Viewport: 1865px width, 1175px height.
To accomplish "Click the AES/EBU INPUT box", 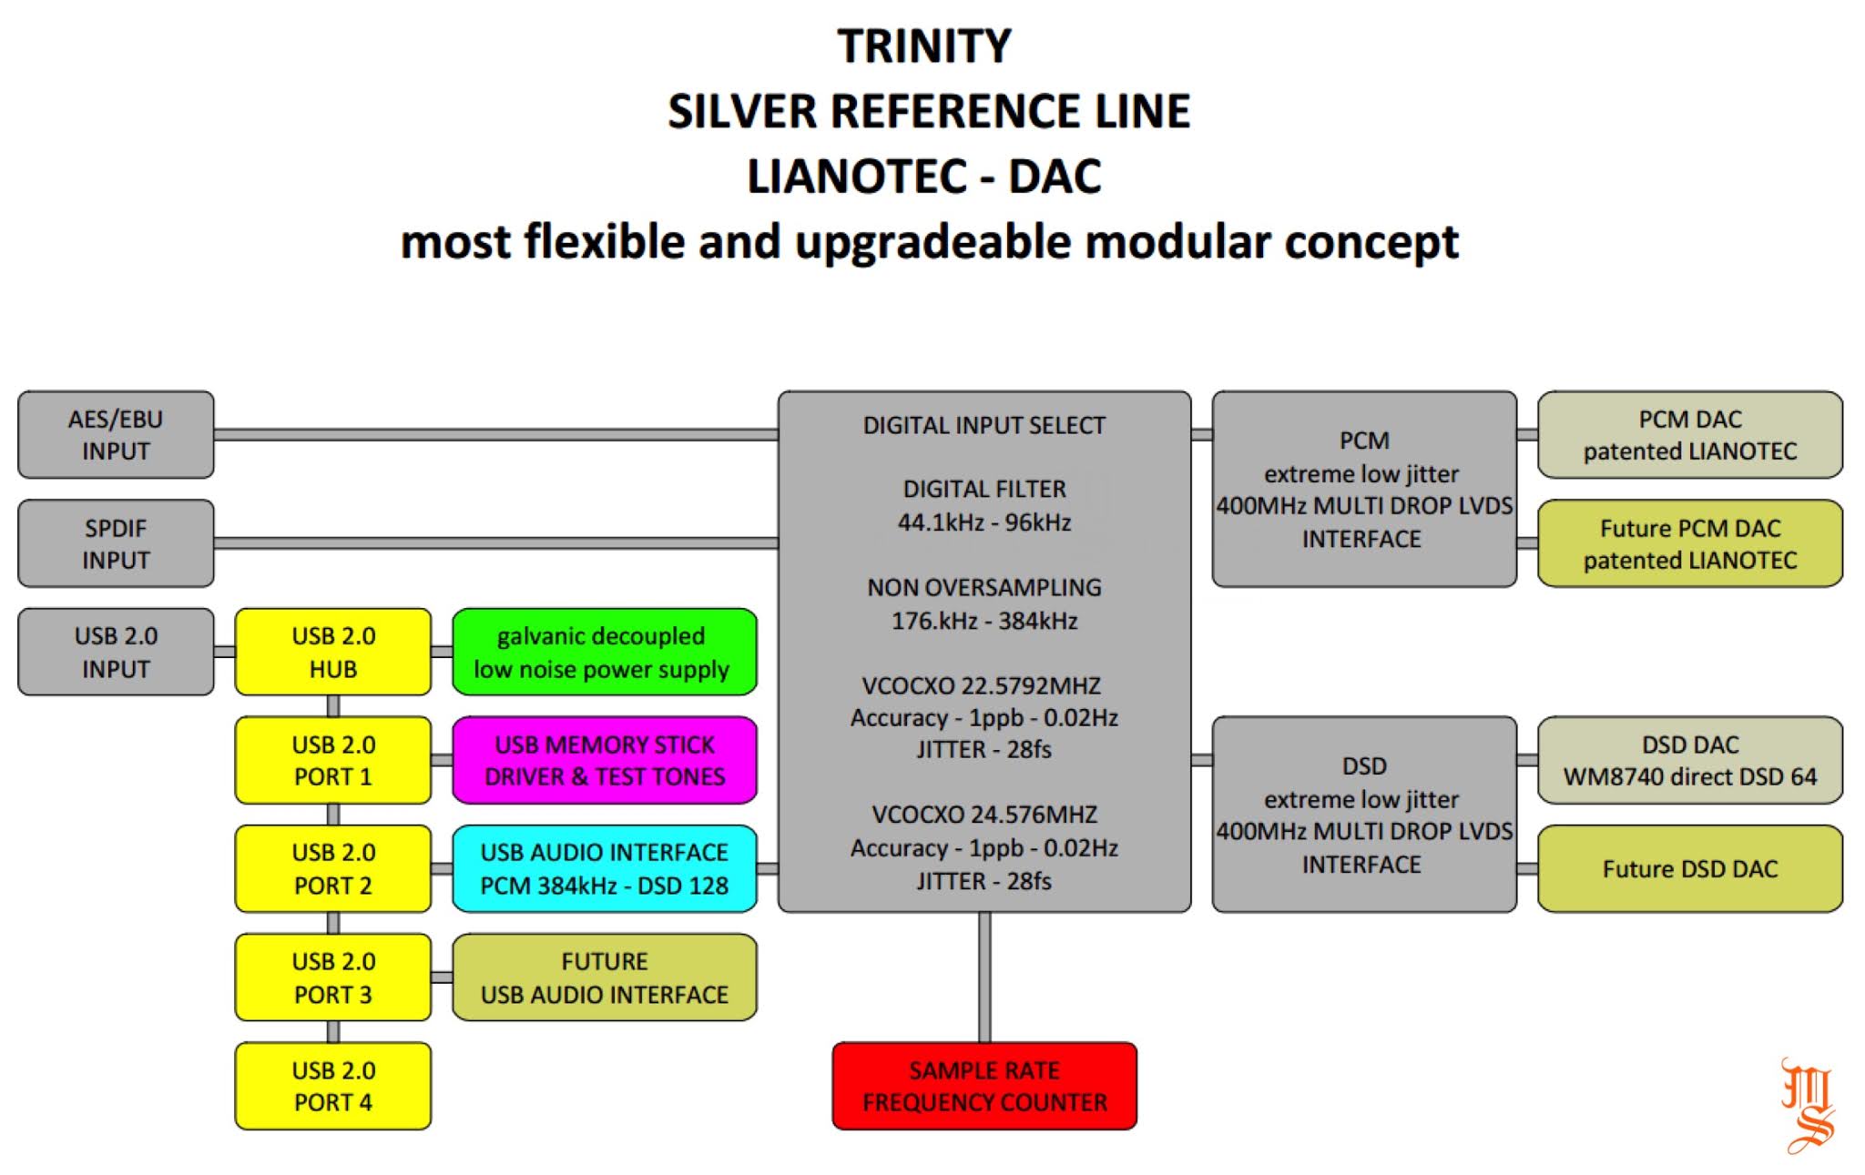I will click(116, 435).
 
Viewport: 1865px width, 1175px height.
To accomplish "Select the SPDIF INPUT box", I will click(116, 543).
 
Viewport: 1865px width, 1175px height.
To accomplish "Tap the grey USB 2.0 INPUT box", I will click(116, 652).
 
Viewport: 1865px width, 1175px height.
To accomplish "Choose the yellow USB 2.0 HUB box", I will click(333, 652).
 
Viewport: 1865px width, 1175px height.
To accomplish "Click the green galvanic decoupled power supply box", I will click(604, 652).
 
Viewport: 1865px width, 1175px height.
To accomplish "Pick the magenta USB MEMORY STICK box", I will click(604, 760).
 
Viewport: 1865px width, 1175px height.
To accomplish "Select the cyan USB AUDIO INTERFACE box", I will click(604, 868).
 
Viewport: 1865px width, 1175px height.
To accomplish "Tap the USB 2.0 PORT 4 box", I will click(333, 1086).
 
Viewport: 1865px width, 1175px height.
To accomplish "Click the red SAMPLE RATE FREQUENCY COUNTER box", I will click(984, 1086).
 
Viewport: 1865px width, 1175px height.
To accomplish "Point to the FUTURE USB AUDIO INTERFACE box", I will click(604, 977).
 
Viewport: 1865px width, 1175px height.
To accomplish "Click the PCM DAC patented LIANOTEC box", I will click(1689, 435).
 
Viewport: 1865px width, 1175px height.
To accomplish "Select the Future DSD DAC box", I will click(1689, 868).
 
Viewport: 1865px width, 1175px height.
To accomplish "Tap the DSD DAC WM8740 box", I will click(1689, 760).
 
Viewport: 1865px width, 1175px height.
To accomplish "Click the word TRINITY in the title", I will click(924, 46).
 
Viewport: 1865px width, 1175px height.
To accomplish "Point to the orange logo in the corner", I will click(1807, 1105).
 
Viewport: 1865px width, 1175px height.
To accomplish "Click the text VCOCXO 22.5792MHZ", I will click(983, 685).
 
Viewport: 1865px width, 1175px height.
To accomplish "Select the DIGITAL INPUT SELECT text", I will click(983, 425).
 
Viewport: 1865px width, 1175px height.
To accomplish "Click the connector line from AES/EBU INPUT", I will click(495, 435).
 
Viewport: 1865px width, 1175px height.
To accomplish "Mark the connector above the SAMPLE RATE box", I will click(984, 977).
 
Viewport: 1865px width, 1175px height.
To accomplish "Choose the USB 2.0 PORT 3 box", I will click(333, 977).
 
